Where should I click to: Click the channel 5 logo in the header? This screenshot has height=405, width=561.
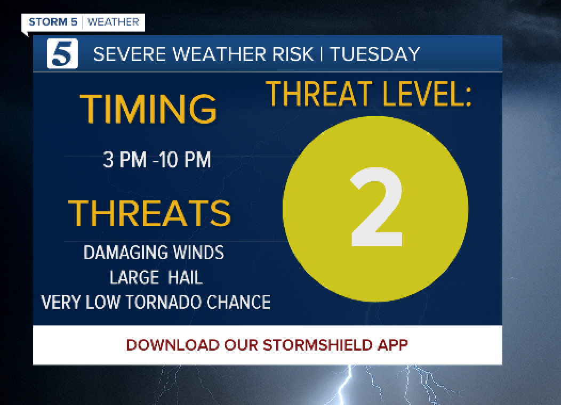point(62,54)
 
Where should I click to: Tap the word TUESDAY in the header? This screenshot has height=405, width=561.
point(375,54)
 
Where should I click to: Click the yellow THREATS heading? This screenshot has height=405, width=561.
point(149,213)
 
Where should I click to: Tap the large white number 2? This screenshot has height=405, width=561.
point(375,208)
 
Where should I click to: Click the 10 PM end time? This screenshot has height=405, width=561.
point(185,159)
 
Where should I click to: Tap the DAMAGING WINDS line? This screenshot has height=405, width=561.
point(154,252)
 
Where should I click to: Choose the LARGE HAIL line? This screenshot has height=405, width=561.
point(156,277)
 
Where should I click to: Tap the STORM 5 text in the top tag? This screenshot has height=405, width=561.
point(52,22)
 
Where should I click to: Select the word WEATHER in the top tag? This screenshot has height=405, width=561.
point(113,22)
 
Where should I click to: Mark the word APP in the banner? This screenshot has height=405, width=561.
point(392,345)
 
